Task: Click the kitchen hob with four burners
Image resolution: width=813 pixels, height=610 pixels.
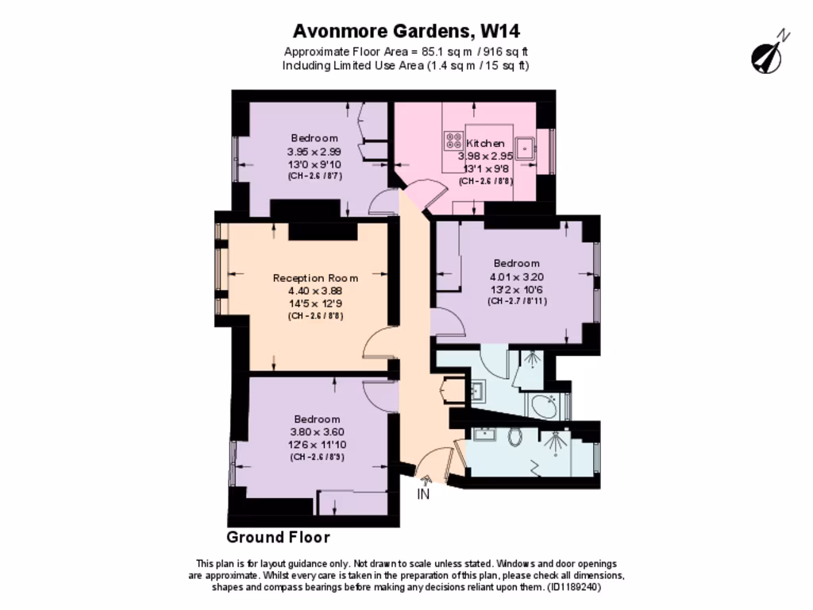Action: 455,141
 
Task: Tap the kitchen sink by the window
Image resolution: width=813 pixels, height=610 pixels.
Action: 525,147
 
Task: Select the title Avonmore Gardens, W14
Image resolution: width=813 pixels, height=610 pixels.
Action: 406,31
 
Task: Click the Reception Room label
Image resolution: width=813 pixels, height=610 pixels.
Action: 315,278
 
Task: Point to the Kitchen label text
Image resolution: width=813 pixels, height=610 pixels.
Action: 485,143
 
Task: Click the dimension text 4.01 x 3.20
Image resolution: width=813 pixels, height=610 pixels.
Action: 517,277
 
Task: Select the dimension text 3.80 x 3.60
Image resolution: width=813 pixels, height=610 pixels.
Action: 317,432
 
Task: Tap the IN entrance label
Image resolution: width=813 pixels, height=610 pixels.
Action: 424,494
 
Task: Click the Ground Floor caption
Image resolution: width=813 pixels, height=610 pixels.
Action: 278,538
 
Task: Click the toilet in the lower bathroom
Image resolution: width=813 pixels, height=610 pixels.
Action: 514,436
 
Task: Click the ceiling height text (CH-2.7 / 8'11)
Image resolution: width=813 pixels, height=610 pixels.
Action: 517,302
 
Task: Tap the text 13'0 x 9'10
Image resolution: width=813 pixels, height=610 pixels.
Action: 314,164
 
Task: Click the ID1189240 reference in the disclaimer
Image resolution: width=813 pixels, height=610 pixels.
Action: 573,588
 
